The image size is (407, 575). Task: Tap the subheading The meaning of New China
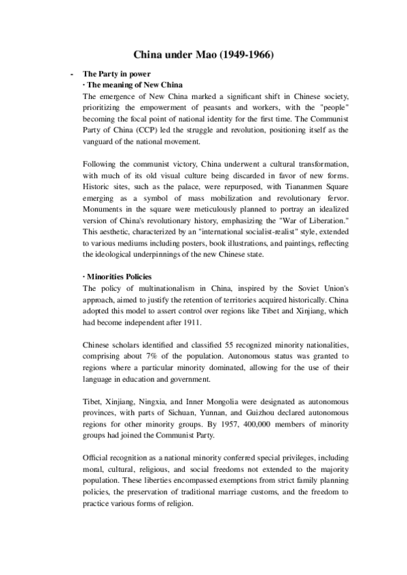[x=124, y=85]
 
